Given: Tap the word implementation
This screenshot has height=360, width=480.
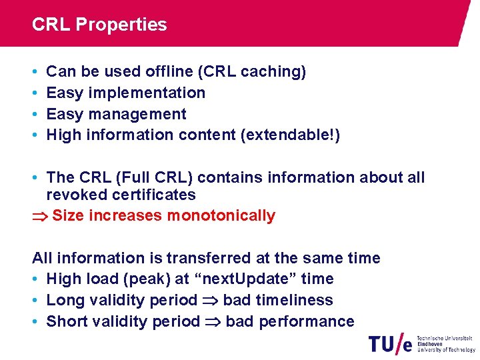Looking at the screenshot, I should coord(147,93).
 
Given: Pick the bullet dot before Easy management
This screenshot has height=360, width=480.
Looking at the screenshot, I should coord(35,114).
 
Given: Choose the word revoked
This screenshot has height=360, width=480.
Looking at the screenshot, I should coord(73,195).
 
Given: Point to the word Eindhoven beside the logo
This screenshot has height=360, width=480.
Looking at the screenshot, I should coord(431,344).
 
